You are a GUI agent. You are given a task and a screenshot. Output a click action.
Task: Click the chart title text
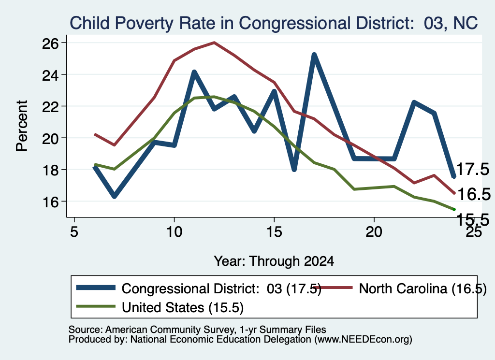click(274, 23)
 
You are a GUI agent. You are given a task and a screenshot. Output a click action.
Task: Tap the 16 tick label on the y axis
click(50, 202)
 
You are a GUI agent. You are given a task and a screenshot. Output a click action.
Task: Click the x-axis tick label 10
click(174, 232)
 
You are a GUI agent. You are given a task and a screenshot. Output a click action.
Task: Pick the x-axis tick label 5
click(74, 232)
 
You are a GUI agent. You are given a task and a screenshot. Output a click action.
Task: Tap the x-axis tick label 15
click(274, 232)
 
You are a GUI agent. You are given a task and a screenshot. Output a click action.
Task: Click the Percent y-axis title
click(22, 126)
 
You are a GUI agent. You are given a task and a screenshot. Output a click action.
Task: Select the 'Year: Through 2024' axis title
click(274, 261)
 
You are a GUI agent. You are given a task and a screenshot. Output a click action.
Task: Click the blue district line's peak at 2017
click(314, 55)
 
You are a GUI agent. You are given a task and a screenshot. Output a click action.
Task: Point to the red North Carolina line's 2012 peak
click(214, 43)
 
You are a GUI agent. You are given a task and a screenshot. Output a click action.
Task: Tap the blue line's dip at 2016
click(294, 170)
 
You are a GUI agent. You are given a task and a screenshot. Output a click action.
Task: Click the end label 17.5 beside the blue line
click(473, 169)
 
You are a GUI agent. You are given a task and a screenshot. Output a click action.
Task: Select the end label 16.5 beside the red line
click(474, 194)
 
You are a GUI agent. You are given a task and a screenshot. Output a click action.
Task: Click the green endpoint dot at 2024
click(454, 209)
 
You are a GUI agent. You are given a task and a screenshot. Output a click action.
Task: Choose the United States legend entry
click(160, 307)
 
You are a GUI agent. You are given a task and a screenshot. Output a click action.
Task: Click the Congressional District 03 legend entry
click(199, 288)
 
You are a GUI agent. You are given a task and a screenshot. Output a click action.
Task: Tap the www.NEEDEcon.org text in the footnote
click(363, 339)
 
